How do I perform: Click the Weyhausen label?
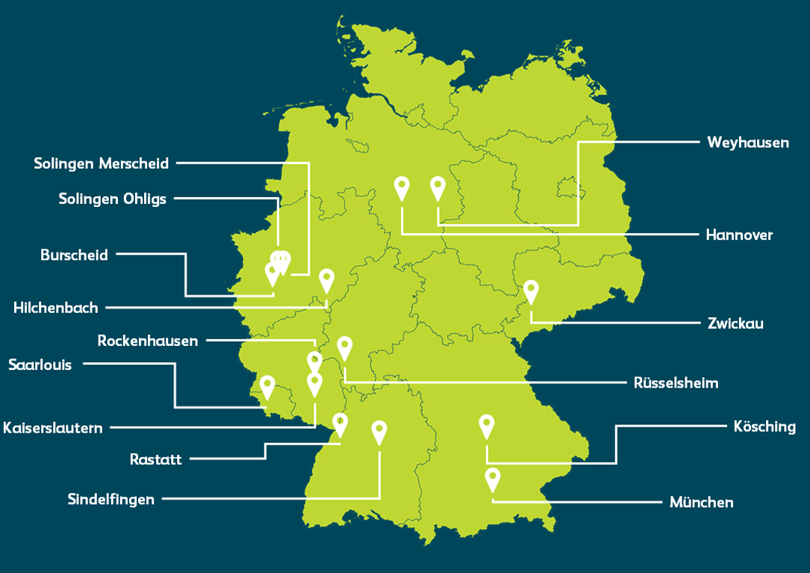pyautogui.click(x=747, y=142)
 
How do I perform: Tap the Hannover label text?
pyautogui.click(x=739, y=235)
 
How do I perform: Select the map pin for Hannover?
pyautogui.click(x=402, y=187)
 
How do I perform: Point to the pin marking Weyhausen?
pyautogui.click(x=437, y=187)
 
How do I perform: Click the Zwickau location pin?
pyautogui.click(x=531, y=290)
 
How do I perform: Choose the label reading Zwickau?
pyautogui.click(x=735, y=323)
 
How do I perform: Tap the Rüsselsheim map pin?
pyautogui.click(x=344, y=347)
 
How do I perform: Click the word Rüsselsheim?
pyautogui.click(x=676, y=383)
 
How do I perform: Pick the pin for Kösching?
pyautogui.click(x=487, y=425)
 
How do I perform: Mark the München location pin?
pyautogui.click(x=492, y=478)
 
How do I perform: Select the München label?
pyautogui.click(x=701, y=503)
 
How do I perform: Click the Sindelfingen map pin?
pyautogui.click(x=379, y=431)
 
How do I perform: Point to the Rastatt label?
pyautogui.click(x=155, y=459)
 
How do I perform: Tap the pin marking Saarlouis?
pyautogui.click(x=267, y=386)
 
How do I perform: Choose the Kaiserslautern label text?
pyautogui.click(x=53, y=428)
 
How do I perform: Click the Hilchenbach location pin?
pyautogui.click(x=326, y=279)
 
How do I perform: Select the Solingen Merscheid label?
pyautogui.click(x=102, y=163)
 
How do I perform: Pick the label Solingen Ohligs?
pyautogui.click(x=113, y=199)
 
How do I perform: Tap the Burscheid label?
pyautogui.click(x=74, y=255)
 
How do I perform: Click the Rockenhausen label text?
pyautogui.click(x=148, y=341)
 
